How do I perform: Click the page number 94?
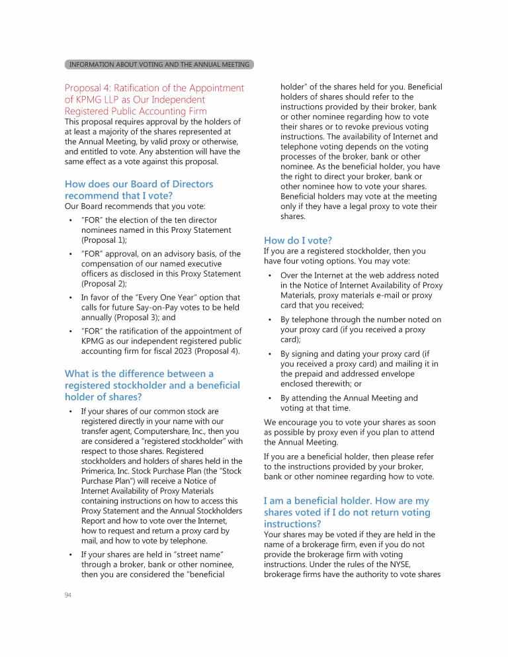click(x=68, y=595)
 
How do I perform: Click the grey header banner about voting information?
click(x=159, y=64)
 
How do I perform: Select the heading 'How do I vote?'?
click(x=298, y=240)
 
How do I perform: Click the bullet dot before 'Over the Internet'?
click(x=270, y=275)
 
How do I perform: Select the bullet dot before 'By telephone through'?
click(x=270, y=320)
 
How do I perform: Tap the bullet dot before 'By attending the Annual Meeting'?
click(x=270, y=398)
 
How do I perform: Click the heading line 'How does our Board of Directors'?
click(x=139, y=184)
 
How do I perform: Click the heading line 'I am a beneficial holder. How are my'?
click(x=346, y=501)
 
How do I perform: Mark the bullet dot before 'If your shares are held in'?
click(x=71, y=554)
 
